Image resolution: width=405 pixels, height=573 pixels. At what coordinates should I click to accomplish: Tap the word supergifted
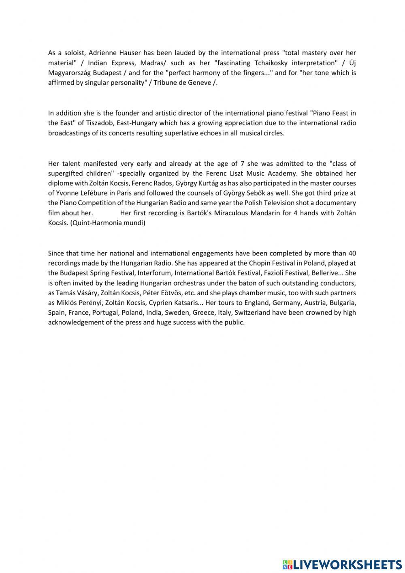tap(65, 174)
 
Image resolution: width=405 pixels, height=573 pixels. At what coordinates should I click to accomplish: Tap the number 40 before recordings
tap(352, 253)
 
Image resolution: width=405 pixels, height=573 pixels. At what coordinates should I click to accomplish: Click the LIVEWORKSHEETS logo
tap(342, 564)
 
